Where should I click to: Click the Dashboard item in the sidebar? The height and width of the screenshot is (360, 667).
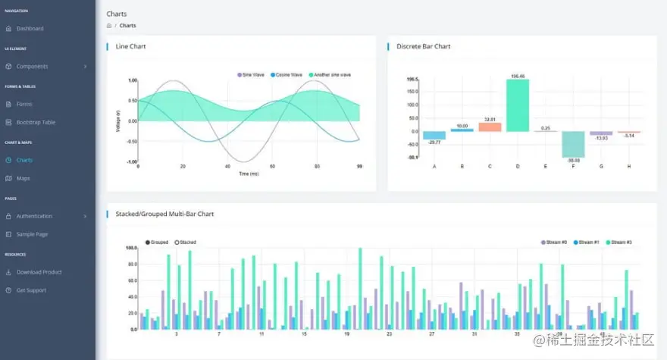(x=30, y=29)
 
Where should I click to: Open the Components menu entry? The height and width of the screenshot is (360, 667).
(x=32, y=67)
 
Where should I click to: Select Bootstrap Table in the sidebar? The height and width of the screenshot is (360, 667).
(x=36, y=123)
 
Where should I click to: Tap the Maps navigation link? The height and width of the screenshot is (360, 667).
(x=23, y=179)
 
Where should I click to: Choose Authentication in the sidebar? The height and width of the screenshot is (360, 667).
(x=34, y=216)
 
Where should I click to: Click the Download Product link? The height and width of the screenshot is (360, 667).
(x=39, y=272)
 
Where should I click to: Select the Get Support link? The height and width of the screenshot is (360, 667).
(x=31, y=290)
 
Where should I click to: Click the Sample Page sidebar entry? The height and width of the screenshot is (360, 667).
(x=32, y=234)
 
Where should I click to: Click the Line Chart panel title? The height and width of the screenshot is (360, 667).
(x=130, y=47)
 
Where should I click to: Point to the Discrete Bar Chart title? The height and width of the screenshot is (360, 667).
(x=423, y=47)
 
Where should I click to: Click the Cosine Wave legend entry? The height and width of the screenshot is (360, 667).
(x=286, y=75)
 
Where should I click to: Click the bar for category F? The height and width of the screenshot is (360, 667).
(x=572, y=143)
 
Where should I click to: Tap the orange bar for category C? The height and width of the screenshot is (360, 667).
(x=490, y=127)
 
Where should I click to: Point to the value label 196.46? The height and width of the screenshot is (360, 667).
(x=518, y=77)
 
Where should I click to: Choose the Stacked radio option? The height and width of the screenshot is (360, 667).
(x=185, y=243)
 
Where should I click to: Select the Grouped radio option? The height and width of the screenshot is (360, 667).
(x=156, y=243)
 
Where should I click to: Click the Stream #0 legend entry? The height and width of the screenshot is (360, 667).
(x=553, y=243)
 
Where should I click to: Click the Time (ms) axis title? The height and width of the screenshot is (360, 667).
(x=249, y=174)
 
